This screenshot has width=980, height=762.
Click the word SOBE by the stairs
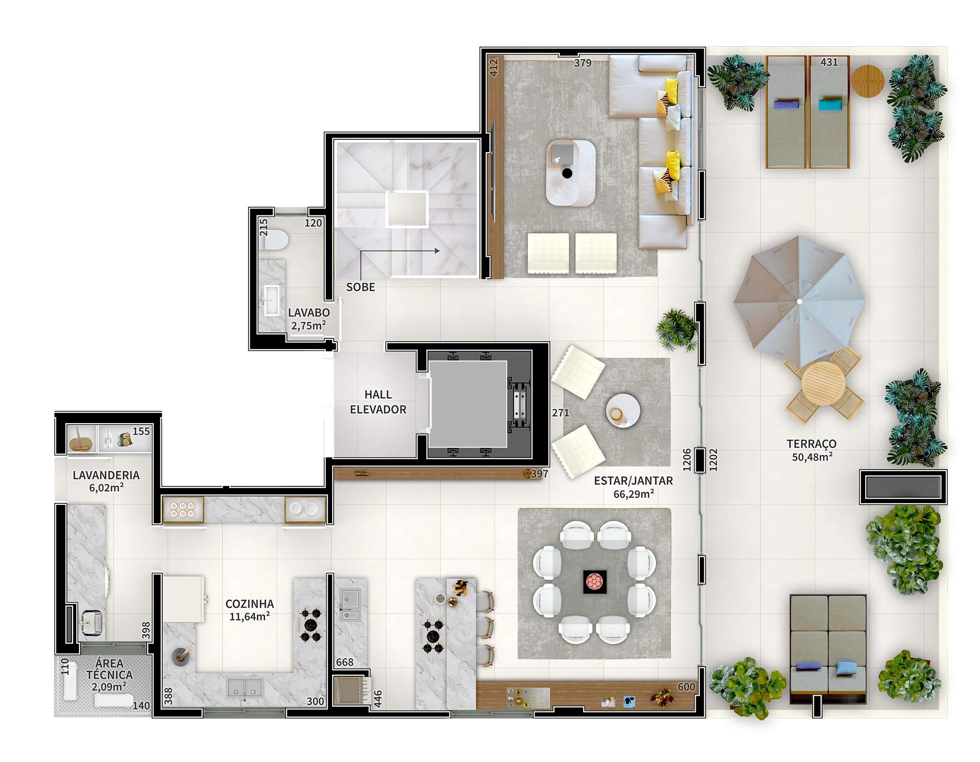360,287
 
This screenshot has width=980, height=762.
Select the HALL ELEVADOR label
378,402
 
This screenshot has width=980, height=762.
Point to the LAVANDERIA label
106,481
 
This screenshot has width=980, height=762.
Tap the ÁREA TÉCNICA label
109,675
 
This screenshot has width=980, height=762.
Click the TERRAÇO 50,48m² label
812,450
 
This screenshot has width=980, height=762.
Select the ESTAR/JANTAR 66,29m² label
633,487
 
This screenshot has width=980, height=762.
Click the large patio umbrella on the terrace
799,302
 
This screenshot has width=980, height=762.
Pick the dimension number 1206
687,460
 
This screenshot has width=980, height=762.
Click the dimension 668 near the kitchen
345,662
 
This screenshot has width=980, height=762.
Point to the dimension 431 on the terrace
829,62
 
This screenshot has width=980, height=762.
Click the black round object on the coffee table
567,174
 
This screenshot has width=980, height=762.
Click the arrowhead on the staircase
437,251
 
